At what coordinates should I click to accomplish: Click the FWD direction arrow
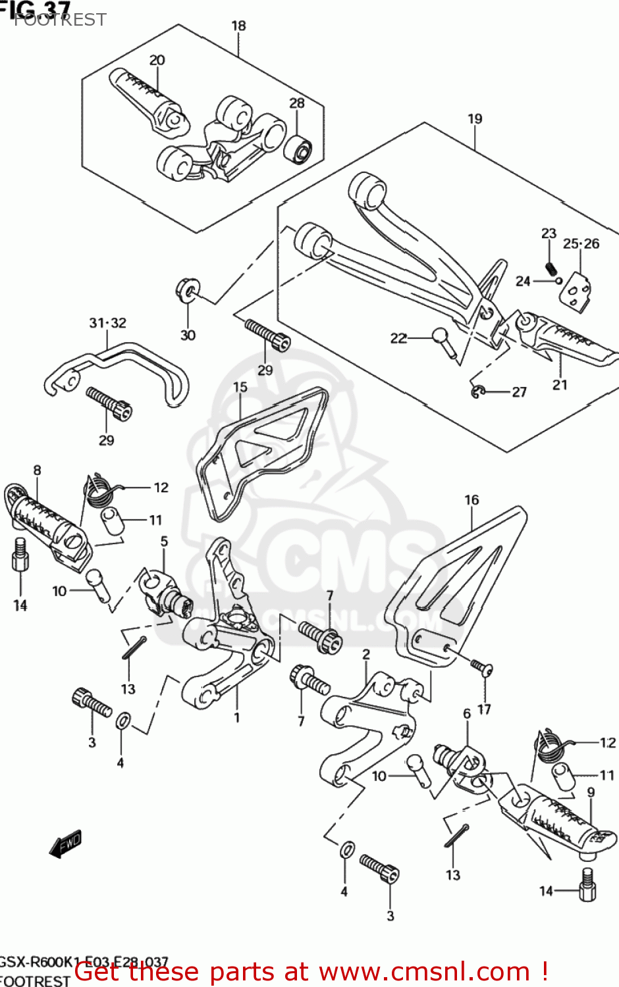(x=66, y=844)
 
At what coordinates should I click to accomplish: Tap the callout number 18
(x=238, y=26)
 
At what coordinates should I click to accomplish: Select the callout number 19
(x=475, y=119)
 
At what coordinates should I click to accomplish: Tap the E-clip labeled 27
(x=478, y=392)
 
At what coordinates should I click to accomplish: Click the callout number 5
(x=164, y=541)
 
